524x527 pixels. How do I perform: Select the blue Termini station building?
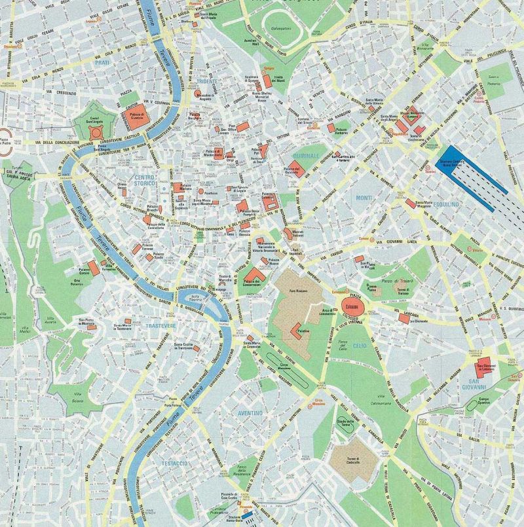(x=472, y=164)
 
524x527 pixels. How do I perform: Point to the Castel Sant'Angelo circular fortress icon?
(x=96, y=132)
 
